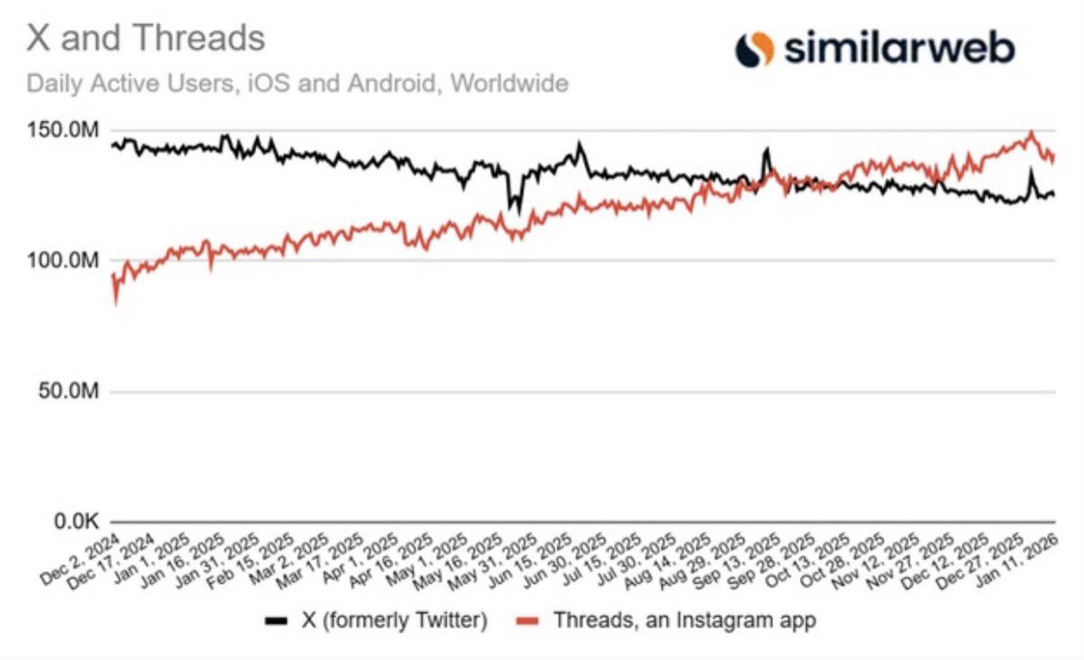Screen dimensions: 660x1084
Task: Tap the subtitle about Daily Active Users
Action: (297, 84)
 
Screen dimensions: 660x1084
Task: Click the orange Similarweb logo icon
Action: (754, 49)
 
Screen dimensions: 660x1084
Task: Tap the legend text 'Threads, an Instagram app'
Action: (684, 621)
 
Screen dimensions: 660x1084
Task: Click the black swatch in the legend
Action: (276, 621)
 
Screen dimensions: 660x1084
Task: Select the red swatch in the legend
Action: (528, 621)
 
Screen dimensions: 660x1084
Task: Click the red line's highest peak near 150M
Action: (1032, 133)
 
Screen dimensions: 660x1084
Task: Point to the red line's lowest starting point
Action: (115, 304)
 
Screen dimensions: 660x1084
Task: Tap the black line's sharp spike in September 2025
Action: (768, 148)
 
